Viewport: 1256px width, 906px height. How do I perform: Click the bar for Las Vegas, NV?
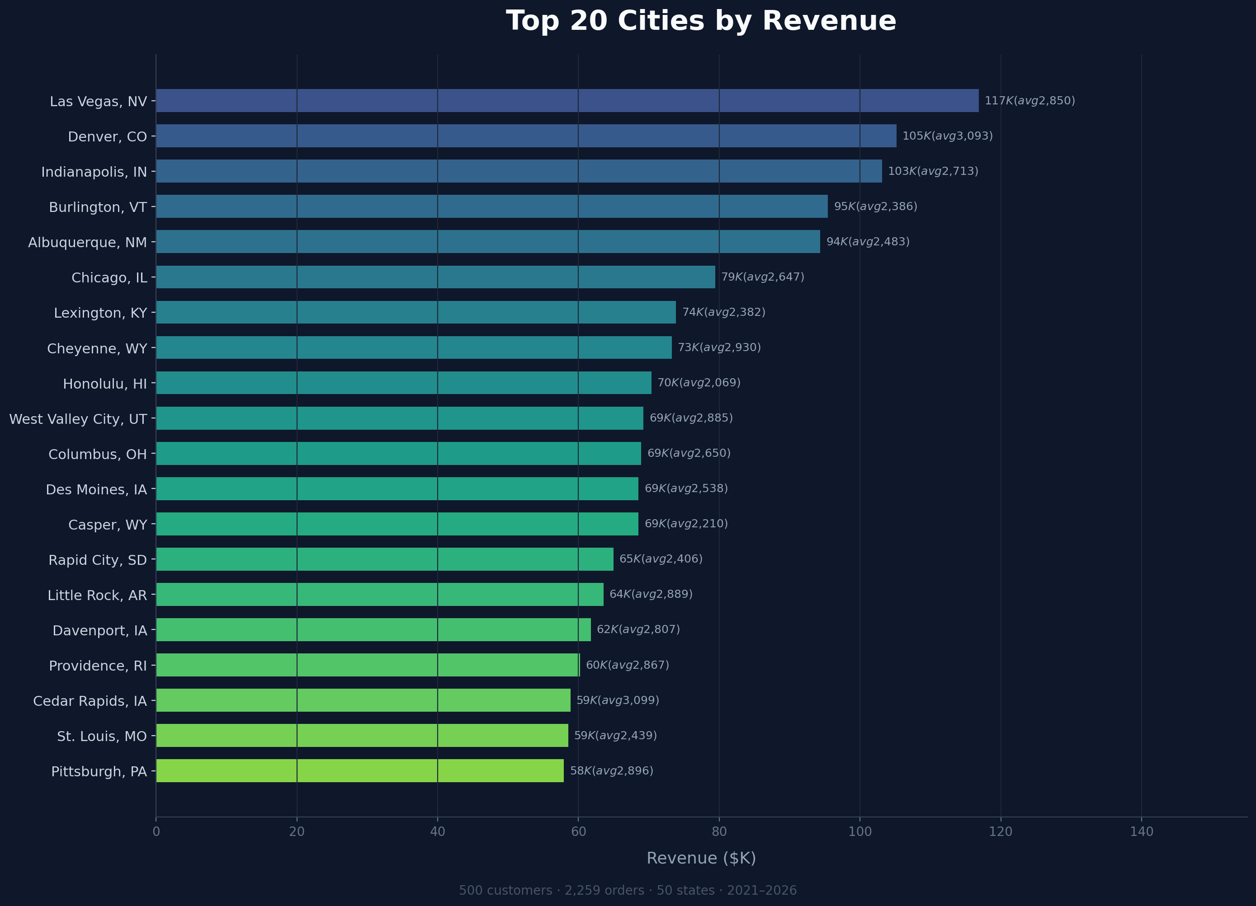coord(567,101)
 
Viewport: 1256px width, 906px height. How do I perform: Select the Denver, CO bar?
coord(526,136)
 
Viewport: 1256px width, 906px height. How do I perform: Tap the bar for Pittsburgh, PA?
coord(360,770)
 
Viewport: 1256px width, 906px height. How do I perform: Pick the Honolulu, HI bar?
coord(404,382)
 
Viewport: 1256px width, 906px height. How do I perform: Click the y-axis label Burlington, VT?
coord(98,207)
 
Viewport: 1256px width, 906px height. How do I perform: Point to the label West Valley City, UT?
coord(78,419)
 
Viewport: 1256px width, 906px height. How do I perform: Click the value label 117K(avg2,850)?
coord(1029,101)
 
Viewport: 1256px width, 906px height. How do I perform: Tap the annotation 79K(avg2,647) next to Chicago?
coord(763,277)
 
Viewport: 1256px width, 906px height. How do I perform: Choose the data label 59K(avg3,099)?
coord(618,700)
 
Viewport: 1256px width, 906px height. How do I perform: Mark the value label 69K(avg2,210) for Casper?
coord(686,524)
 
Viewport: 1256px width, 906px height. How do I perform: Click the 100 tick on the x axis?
coord(859,831)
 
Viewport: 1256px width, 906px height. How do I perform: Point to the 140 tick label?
coord(1141,831)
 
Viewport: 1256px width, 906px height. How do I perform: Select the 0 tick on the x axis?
coord(156,831)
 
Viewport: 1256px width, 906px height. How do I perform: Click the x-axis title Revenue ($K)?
coord(701,858)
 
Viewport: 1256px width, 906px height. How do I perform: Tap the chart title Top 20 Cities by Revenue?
coord(701,21)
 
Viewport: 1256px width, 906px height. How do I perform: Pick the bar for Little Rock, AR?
coord(380,594)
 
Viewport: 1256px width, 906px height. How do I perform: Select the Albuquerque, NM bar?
coord(488,241)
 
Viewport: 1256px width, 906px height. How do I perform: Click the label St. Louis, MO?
coord(102,736)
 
